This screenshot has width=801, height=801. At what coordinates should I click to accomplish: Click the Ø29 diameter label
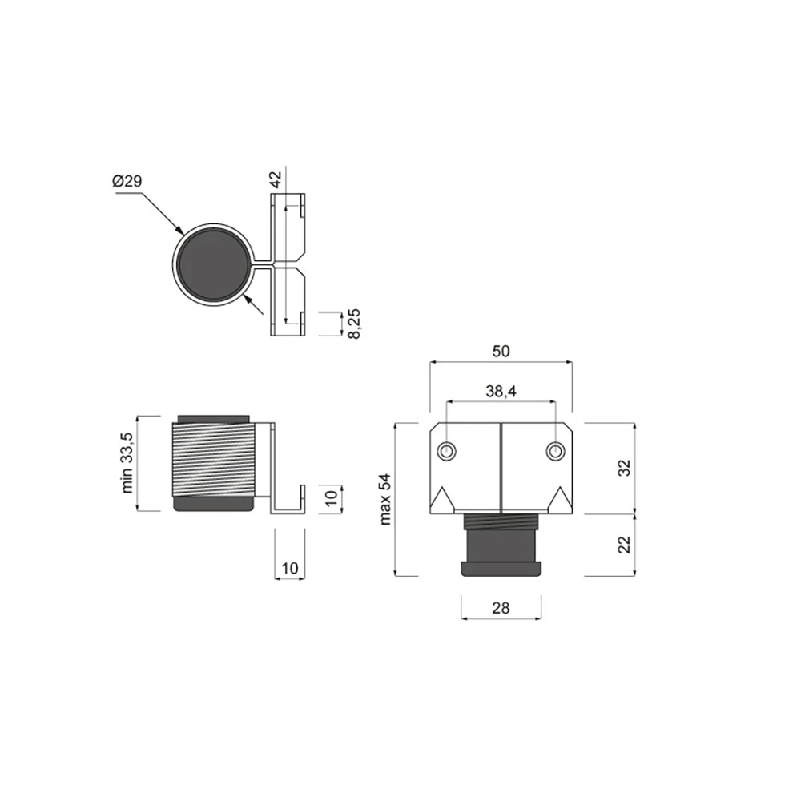127,181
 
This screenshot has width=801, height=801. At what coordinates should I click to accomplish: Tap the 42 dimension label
276,179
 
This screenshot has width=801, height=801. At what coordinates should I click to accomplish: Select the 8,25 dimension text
353,324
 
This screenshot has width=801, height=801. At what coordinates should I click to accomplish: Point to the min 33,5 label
127,463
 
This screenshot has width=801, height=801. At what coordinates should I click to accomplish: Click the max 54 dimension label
385,499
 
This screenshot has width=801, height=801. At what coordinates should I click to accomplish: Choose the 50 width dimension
501,351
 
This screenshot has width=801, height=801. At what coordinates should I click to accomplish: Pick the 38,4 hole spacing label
501,392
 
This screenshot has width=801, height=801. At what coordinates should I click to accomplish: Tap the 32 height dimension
624,468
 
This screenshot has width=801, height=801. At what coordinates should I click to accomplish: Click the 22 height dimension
624,545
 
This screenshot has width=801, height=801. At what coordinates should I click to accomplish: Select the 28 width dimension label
501,607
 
